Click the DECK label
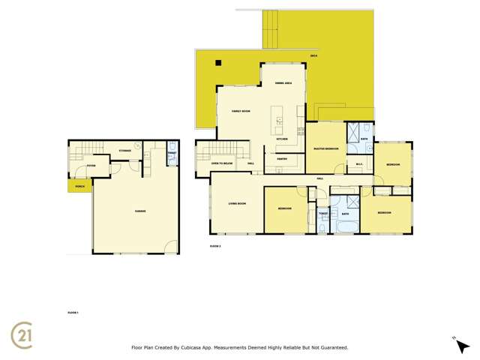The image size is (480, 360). click(x=313, y=57)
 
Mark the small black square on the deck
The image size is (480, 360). click(x=217, y=64)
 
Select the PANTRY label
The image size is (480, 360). click(x=282, y=160)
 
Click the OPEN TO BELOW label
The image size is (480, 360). click(x=220, y=163)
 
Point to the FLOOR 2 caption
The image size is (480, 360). click(x=215, y=245)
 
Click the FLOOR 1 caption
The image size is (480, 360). click(x=73, y=310)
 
